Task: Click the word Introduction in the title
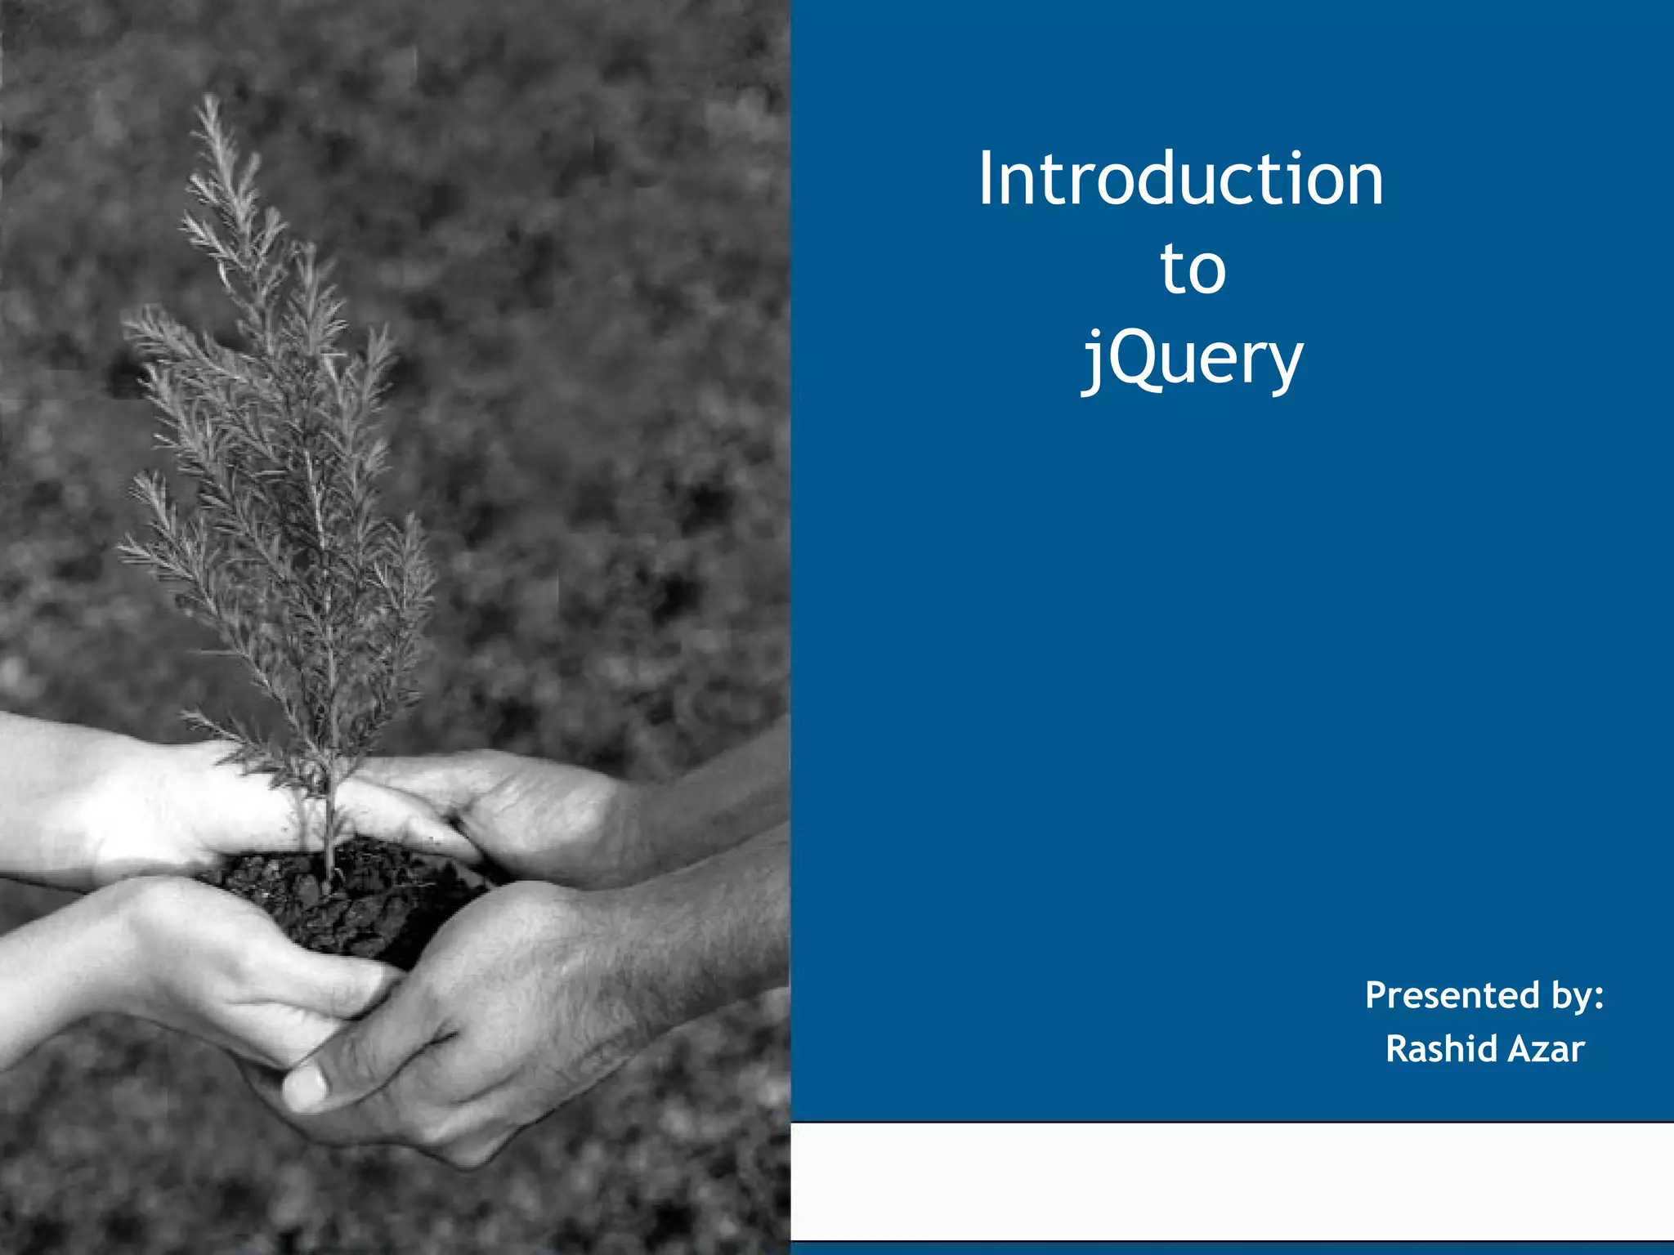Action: [x=1180, y=179]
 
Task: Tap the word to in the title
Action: [x=1193, y=269]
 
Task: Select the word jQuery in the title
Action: [x=1193, y=360]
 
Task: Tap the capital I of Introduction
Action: [x=987, y=179]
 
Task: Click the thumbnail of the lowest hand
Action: [x=305, y=1085]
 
